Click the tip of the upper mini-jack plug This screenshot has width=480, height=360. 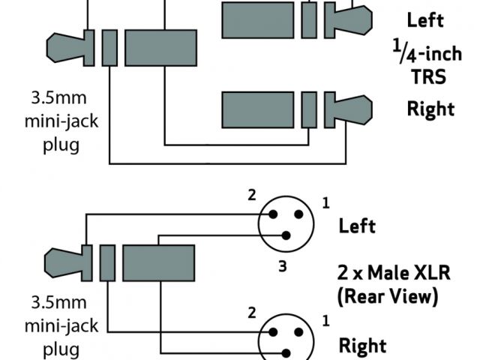(64, 46)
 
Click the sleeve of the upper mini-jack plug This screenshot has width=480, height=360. (160, 46)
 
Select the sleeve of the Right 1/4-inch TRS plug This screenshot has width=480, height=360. (257, 109)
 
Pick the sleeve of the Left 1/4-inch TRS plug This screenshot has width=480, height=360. (257, 19)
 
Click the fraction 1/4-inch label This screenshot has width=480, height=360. (424, 52)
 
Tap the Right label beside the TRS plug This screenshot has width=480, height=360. (430, 109)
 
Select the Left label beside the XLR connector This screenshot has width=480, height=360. (357, 225)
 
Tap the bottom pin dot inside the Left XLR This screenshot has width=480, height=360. (285, 235)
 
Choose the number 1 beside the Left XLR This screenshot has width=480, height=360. (325, 202)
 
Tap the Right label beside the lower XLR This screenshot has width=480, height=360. (362, 346)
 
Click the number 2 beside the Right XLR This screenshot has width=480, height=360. (252, 312)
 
